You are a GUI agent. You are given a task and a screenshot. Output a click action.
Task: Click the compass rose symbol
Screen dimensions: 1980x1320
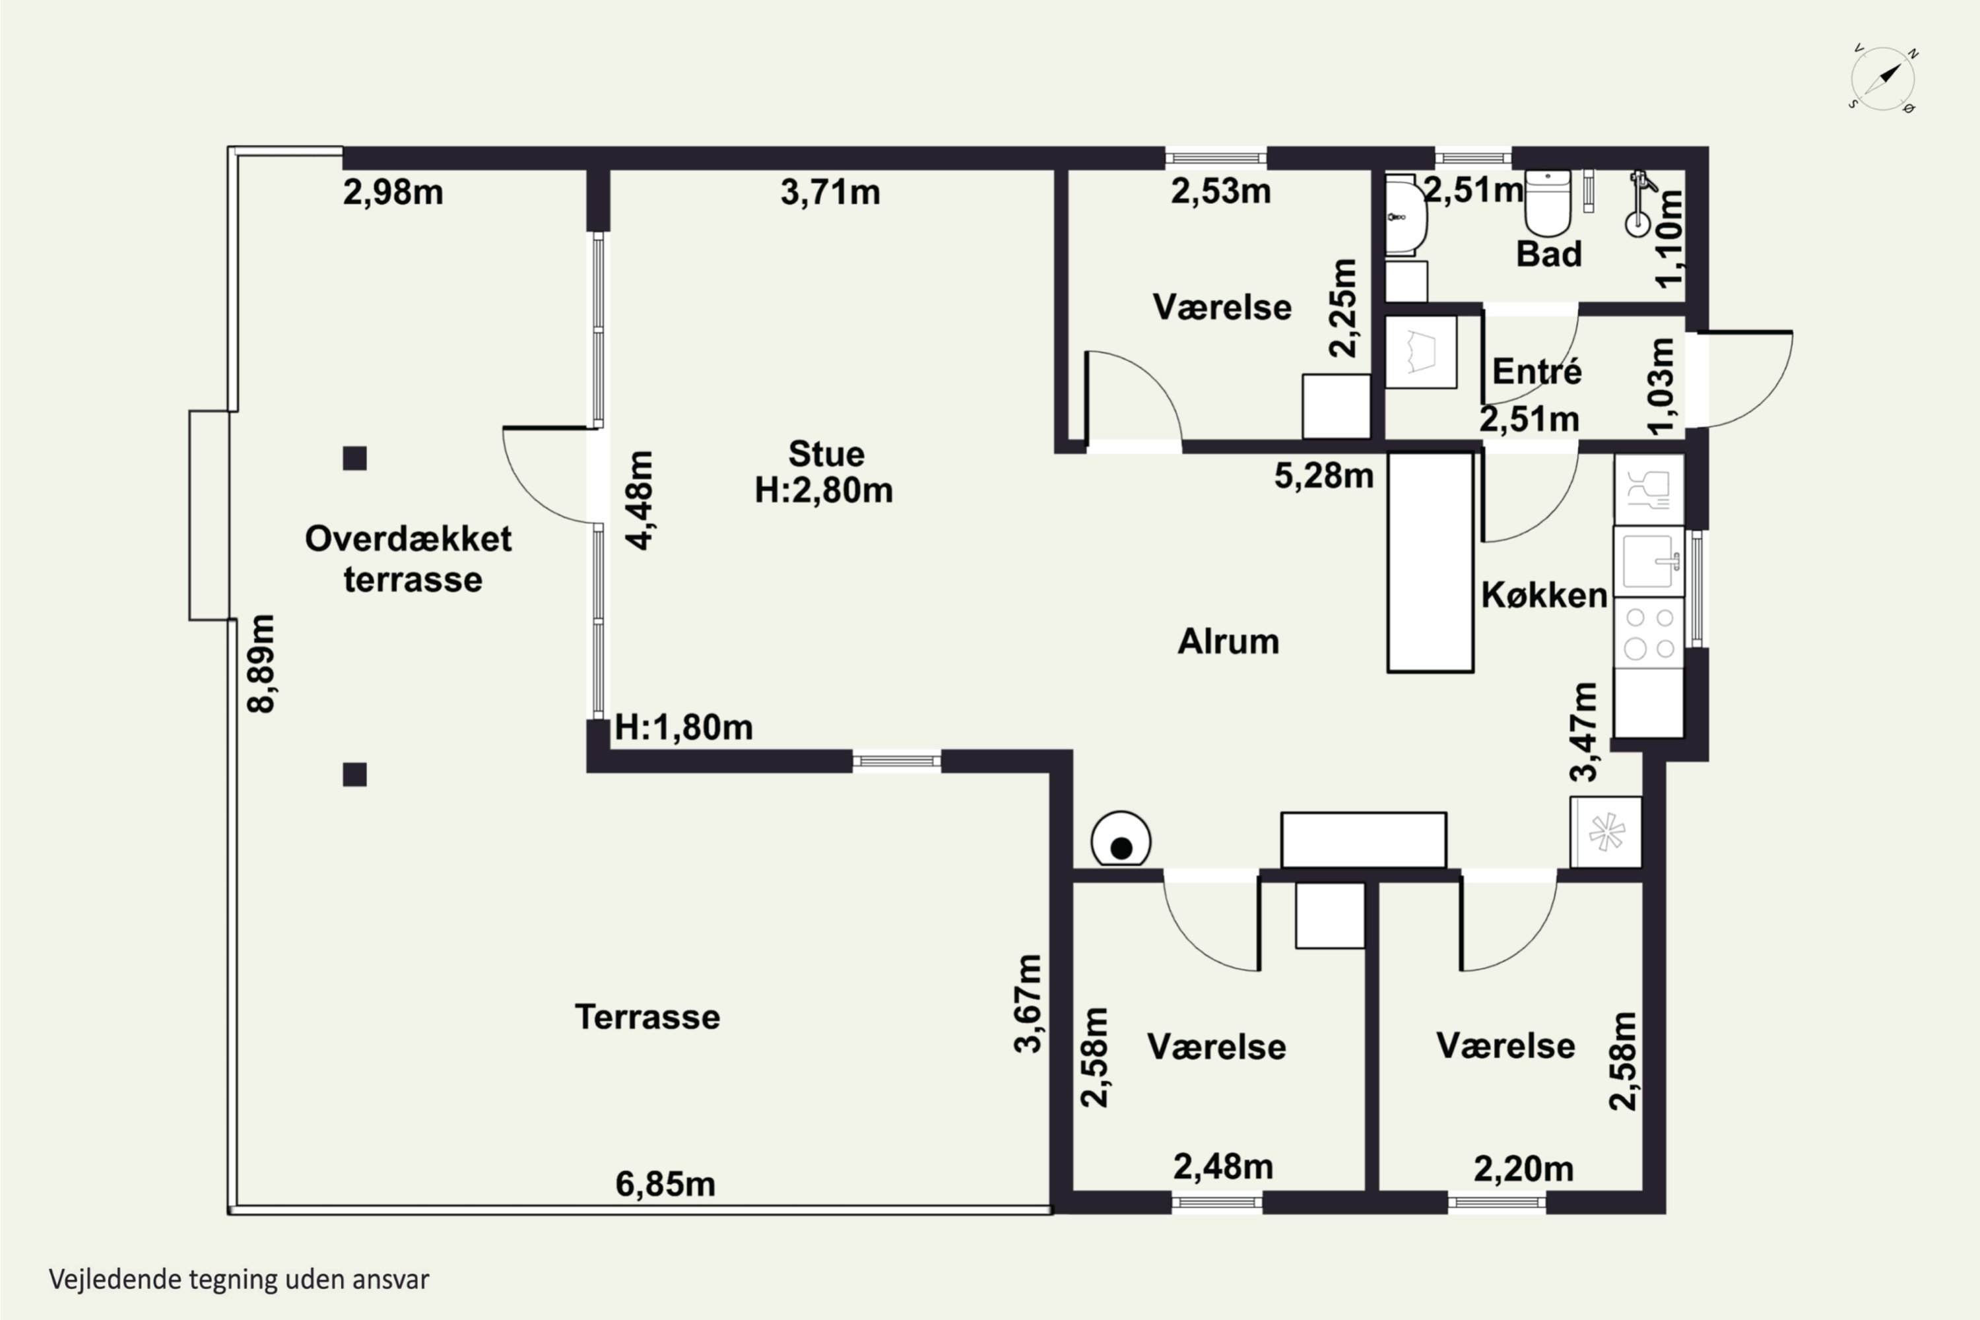click(1883, 79)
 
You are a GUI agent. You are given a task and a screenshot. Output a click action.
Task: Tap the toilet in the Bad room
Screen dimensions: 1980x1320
click(1547, 203)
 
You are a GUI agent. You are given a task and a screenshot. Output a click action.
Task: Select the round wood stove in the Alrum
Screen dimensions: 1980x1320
click(1121, 838)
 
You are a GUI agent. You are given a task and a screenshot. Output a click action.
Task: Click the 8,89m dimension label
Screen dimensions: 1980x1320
click(261, 664)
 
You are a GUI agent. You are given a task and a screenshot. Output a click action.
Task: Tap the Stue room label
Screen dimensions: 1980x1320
click(826, 455)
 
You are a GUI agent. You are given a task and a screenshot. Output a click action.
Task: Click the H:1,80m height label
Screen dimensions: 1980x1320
click(684, 727)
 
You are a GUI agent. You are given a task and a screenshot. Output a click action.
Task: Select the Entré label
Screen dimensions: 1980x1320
click(1537, 371)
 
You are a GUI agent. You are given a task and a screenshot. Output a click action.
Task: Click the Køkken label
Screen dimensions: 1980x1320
click(1544, 595)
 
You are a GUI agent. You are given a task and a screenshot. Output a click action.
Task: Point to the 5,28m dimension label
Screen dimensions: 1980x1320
click(1323, 477)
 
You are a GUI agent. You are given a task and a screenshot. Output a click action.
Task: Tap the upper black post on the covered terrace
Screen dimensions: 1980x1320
click(354, 459)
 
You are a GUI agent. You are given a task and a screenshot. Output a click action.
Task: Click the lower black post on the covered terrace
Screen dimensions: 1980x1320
click(354, 774)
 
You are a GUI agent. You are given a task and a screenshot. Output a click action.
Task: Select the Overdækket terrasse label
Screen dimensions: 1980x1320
click(409, 559)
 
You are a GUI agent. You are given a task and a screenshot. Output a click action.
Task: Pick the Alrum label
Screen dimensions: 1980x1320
click(1228, 642)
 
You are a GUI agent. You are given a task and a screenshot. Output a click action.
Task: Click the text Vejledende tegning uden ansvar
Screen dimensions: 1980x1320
click(239, 1280)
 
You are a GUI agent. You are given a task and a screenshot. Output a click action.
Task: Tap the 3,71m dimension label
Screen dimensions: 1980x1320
click(830, 193)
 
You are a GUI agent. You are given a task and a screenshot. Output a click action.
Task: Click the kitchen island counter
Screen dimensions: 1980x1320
click(1430, 562)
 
